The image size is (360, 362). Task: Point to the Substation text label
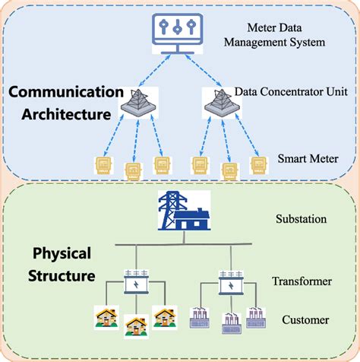click(x=302, y=219)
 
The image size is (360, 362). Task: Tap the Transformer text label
click(x=302, y=281)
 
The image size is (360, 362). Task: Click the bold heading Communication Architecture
click(x=65, y=103)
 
